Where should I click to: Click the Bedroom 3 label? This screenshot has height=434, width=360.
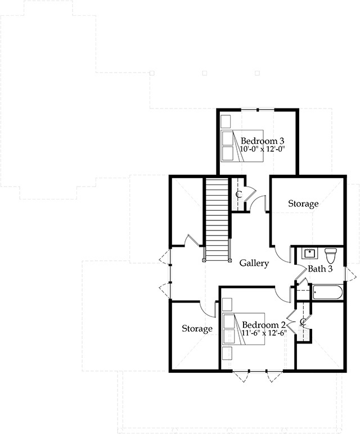tap(262, 141)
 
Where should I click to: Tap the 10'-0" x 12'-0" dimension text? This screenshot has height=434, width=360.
tap(262, 149)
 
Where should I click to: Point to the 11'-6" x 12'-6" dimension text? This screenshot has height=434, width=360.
tap(264, 332)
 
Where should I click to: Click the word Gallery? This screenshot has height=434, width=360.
tap(254, 263)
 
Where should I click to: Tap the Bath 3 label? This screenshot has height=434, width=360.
tap(320, 269)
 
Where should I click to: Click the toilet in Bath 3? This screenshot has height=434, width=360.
tap(330, 255)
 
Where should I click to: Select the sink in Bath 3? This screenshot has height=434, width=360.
tap(309, 253)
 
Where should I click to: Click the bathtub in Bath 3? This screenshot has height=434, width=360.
tap(328, 292)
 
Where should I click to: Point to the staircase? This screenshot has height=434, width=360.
tap(217, 219)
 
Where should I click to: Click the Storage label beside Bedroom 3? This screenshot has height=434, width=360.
tap(303, 204)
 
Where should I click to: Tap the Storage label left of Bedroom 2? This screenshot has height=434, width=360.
tap(197, 328)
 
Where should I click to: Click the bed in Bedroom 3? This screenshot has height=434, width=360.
tap(242, 146)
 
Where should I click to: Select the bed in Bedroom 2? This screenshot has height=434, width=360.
tap(244, 329)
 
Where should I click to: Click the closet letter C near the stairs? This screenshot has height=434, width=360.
tap(238, 194)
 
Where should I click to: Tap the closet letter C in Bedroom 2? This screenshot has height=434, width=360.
tap(303, 322)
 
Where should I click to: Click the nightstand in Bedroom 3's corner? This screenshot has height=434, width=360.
tap(226, 120)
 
